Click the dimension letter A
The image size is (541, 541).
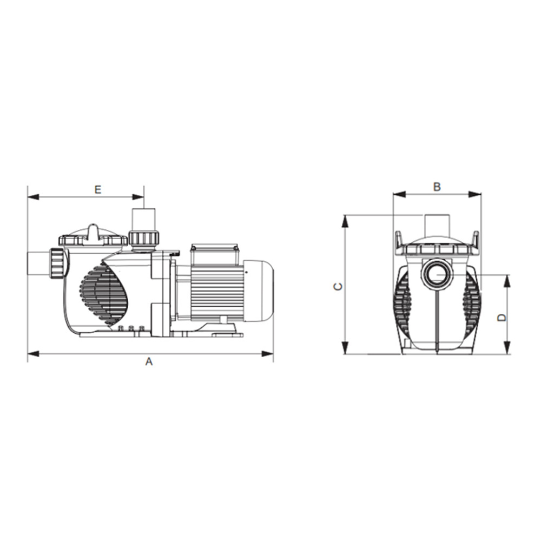(149, 362)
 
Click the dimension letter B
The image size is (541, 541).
(437, 187)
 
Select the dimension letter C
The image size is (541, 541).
(337, 286)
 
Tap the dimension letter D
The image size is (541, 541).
(502, 317)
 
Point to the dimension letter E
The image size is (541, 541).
(97, 189)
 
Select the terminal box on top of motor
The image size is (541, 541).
(214, 254)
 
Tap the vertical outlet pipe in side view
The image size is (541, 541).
(144, 219)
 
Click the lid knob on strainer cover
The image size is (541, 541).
(93, 231)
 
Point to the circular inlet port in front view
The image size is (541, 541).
(436, 274)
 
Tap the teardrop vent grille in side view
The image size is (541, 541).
(104, 294)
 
